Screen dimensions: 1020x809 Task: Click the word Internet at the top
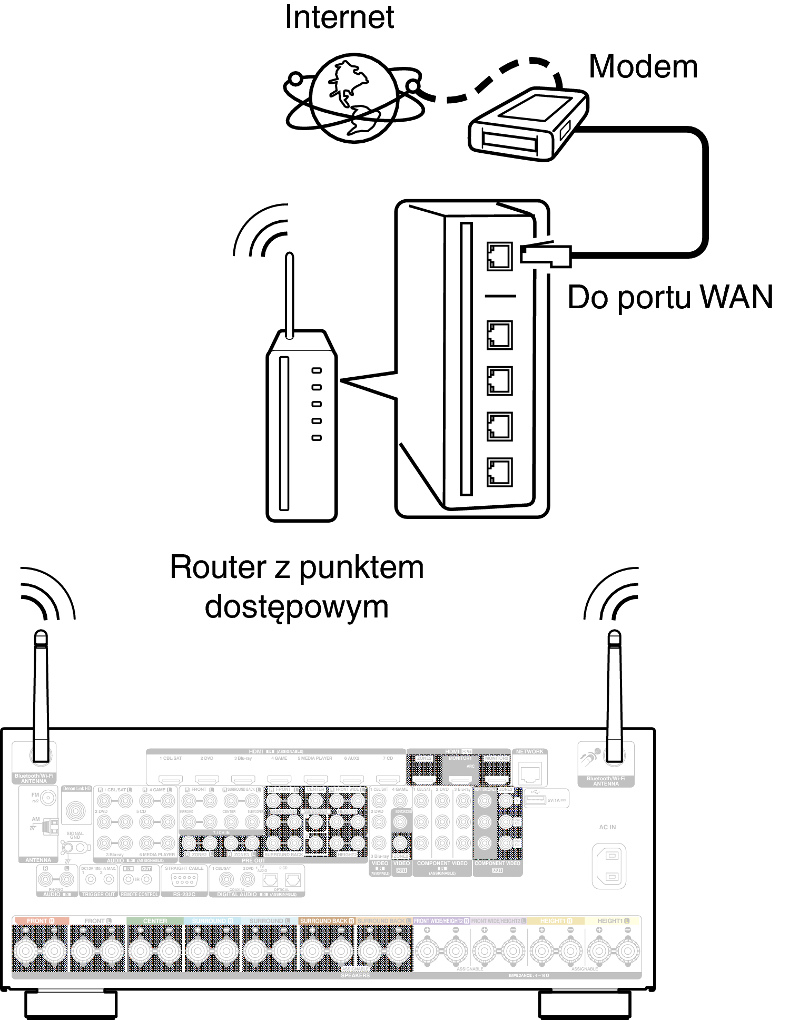point(339,17)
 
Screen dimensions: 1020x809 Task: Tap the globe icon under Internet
point(354,98)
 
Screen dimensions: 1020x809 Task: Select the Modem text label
point(643,67)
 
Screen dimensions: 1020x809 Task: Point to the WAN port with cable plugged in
point(499,256)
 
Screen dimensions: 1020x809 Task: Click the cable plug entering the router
point(546,255)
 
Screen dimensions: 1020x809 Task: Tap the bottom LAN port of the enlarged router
point(499,472)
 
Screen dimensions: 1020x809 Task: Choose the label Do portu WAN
point(670,297)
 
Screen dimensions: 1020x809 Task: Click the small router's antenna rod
point(289,295)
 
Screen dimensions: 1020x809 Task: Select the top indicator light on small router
point(317,370)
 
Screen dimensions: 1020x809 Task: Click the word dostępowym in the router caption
point(297,607)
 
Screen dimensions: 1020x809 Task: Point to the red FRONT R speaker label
point(40,921)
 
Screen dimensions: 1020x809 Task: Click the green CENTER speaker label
point(155,921)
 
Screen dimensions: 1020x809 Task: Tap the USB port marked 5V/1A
point(535,800)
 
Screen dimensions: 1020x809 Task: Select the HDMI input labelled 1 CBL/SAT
point(171,779)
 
